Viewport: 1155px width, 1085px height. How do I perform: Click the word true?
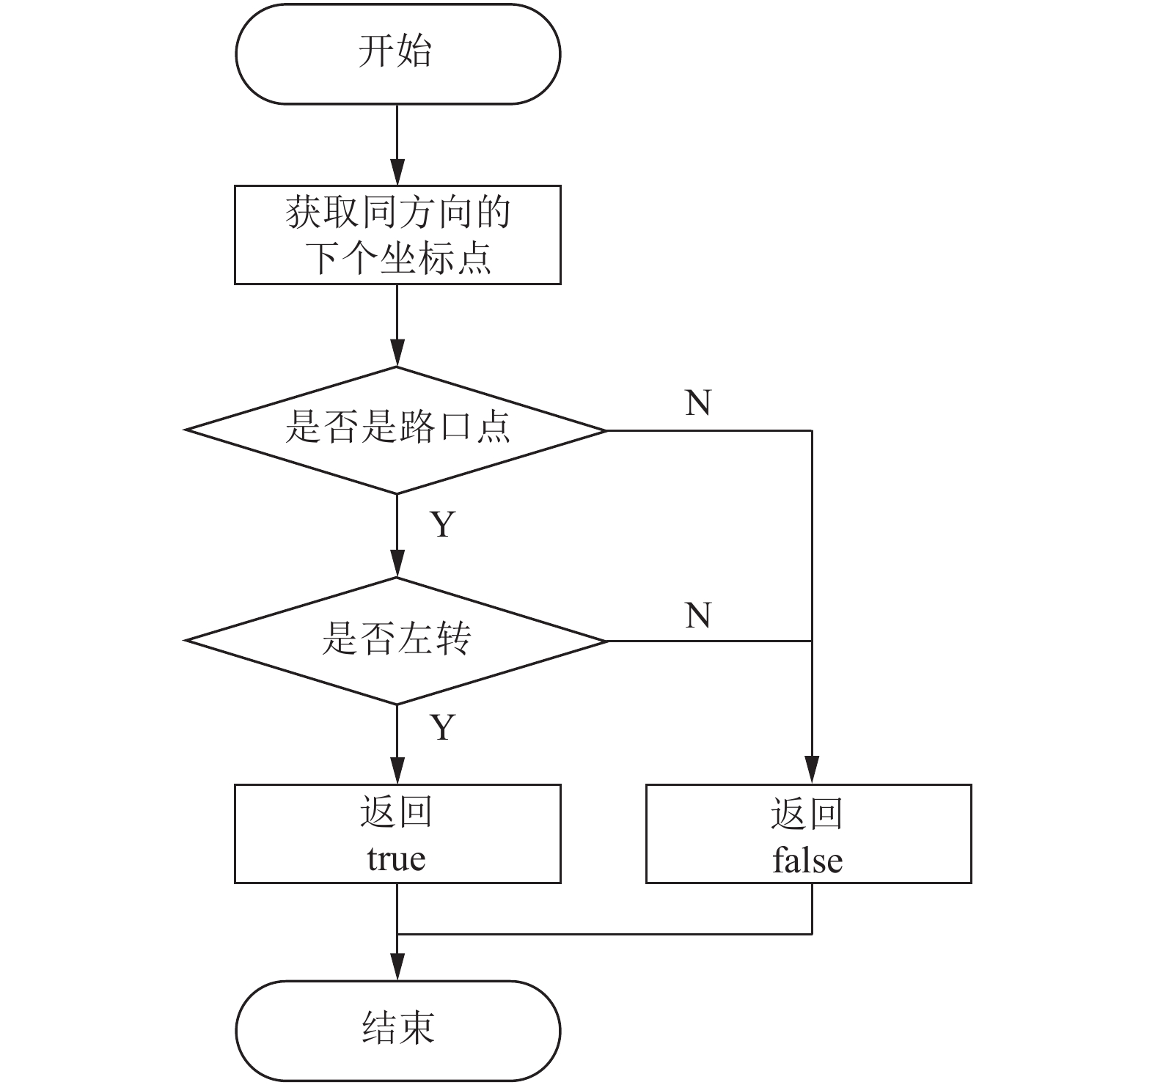pos(396,859)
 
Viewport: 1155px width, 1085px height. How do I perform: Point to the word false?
pos(807,860)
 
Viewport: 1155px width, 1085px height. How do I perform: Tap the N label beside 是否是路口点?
pos(698,402)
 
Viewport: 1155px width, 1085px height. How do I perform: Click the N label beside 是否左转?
pos(698,615)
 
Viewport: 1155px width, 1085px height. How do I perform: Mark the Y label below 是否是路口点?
pos(442,525)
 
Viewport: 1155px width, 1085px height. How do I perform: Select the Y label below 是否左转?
pos(442,727)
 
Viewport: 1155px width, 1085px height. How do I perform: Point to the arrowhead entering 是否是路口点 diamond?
pos(397,353)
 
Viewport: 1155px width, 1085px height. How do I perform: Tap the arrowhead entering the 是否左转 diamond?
pos(397,564)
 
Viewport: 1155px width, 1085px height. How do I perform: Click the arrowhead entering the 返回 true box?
pos(397,771)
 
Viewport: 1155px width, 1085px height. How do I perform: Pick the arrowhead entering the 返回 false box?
pos(812,771)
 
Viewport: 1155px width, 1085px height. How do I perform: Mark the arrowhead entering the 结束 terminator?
pos(397,968)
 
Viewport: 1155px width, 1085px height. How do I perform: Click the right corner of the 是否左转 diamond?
pos(608,641)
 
